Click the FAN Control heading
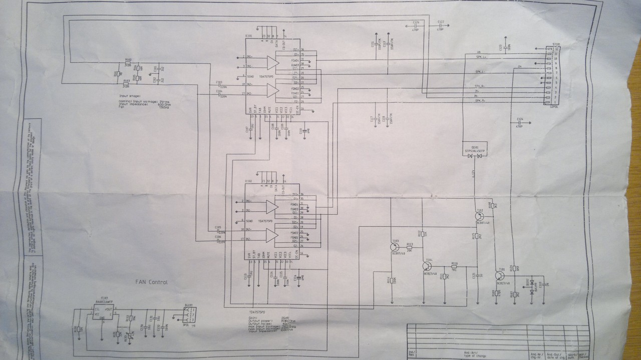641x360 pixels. point(151,282)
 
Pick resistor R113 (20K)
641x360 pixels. point(410,247)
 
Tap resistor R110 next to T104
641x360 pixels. point(454,266)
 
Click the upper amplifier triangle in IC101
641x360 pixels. point(272,63)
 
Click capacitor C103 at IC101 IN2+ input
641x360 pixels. point(219,85)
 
